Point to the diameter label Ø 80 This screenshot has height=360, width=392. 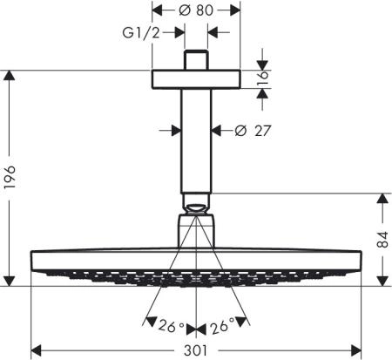[196, 11]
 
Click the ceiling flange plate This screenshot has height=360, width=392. [196, 78]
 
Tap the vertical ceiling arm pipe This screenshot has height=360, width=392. [196, 139]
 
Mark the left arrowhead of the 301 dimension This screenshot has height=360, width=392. [36, 351]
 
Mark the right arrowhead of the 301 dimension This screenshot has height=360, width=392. [355, 351]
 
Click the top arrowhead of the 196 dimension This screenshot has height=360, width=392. [9, 75]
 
